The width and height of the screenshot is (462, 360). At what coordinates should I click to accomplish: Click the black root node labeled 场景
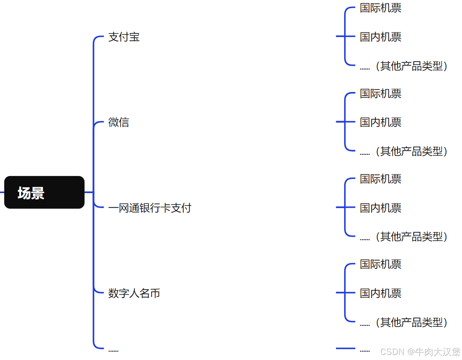(44, 193)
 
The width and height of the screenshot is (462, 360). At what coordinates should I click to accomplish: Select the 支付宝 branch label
(124, 37)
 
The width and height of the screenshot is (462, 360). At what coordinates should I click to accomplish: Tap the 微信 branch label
(119, 122)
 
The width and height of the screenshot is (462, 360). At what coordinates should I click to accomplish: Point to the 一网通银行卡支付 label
(150, 208)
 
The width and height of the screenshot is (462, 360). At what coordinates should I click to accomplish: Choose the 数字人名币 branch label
(134, 293)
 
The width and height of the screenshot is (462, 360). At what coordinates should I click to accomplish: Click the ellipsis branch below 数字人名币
(113, 350)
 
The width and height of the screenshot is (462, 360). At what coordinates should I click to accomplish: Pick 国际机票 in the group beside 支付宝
(380, 8)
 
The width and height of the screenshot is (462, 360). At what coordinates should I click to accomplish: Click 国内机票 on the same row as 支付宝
(380, 37)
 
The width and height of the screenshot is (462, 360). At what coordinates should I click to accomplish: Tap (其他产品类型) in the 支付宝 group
(411, 66)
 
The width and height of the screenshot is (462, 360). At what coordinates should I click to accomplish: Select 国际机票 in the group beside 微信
(380, 94)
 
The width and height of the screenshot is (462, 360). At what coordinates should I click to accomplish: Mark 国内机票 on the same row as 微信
(380, 122)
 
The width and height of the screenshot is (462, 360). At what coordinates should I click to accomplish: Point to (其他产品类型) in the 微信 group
(411, 151)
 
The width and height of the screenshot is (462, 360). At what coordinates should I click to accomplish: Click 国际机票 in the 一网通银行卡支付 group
(380, 179)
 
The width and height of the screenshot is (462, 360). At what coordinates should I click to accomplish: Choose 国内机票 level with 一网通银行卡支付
(380, 208)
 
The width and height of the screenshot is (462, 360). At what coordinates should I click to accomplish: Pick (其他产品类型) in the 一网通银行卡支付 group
(411, 236)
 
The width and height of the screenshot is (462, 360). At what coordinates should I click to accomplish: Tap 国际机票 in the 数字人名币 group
(380, 264)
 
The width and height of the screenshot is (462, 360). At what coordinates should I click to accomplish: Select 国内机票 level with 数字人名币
(380, 293)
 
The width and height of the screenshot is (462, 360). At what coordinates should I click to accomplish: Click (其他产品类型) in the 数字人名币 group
(411, 322)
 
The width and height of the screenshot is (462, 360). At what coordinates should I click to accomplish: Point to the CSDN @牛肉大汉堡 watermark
(420, 352)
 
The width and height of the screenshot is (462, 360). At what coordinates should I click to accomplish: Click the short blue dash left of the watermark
(345, 348)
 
